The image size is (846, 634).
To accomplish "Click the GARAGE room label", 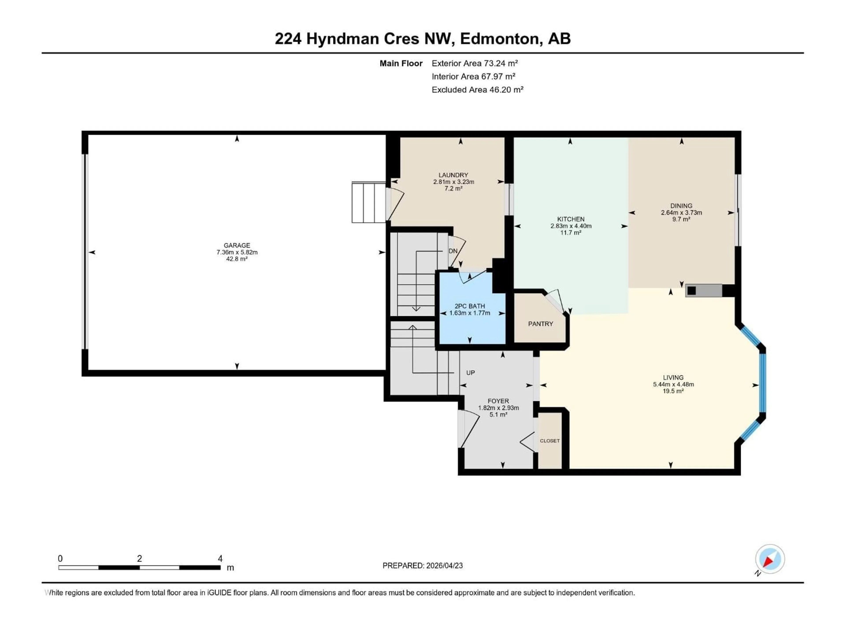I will pyautogui.click(x=237, y=245).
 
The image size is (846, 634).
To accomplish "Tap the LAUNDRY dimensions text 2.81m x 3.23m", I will pyautogui.click(x=454, y=182).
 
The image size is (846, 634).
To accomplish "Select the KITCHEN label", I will pyautogui.click(x=571, y=219).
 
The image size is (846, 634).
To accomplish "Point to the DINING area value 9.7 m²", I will pyautogui.click(x=681, y=219).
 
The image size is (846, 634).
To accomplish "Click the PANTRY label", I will pyautogui.click(x=540, y=324).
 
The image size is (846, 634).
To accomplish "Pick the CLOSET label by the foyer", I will pyautogui.click(x=550, y=441).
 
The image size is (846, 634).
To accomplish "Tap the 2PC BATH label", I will pyautogui.click(x=470, y=306).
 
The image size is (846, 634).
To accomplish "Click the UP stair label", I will pyautogui.click(x=470, y=373).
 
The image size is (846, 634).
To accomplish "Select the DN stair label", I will pyautogui.click(x=453, y=251).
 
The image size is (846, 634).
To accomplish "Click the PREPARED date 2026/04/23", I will pyautogui.click(x=444, y=566).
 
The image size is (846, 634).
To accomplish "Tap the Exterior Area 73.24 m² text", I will pyautogui.click(x=475, y=63).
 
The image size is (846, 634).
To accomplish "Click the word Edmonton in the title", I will pyautogui.click(x=500, y=39).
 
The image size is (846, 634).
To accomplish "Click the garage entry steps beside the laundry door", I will pyautogui.click(x=368, y=203).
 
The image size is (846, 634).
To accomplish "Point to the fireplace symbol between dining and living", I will pyautogui.click(x=703, y=290).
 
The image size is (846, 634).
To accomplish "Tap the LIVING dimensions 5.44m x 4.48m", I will pyautogui.click(x=673, y=384).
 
